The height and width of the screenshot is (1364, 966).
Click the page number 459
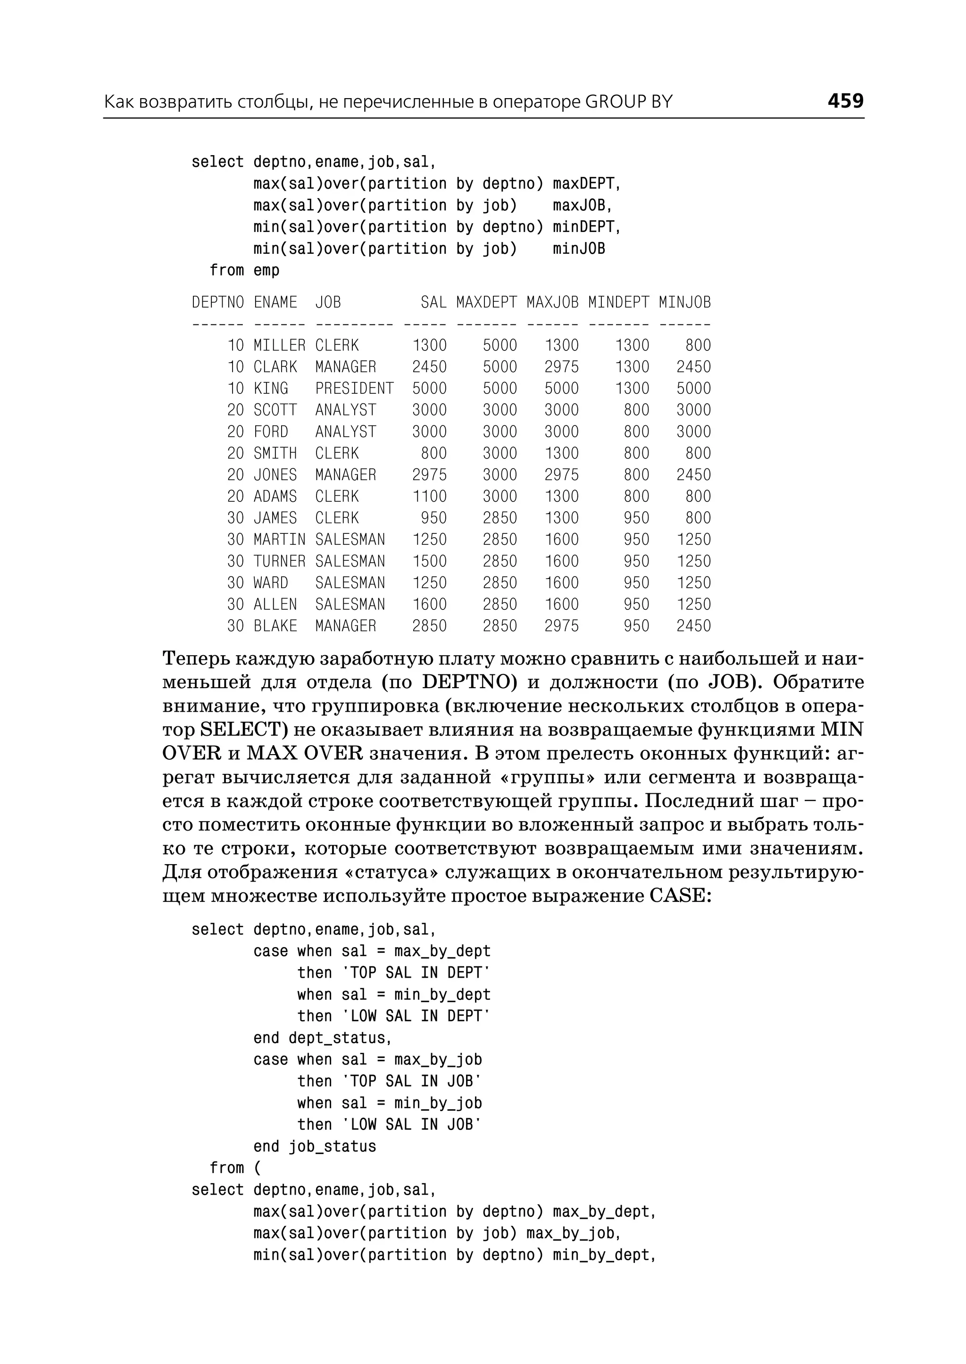845,100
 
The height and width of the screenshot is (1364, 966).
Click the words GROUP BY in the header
629,102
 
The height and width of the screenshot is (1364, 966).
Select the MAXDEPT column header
486,302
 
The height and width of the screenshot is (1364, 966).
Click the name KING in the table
271,389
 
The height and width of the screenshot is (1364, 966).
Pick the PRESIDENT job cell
354,389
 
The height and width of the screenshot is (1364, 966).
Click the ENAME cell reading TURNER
279,561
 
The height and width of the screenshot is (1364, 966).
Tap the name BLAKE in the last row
275,626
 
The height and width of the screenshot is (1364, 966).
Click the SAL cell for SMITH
433,453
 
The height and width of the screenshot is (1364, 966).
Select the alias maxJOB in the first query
578,205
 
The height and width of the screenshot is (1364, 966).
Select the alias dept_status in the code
337,1038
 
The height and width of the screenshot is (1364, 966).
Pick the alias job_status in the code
332,1146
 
